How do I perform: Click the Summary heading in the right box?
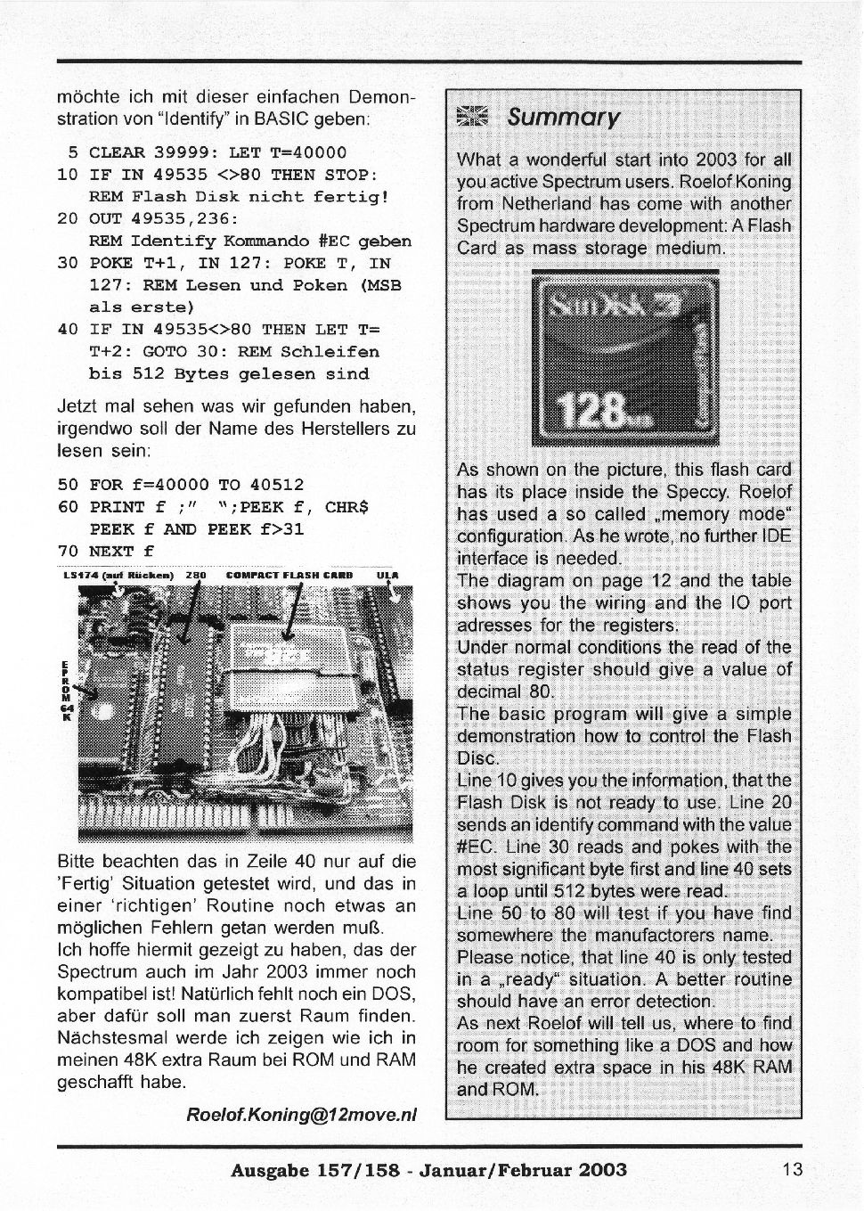pyautogui.click(x=563, y=118)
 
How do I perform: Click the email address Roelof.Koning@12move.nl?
pyautogui.click(x=301, y=1115)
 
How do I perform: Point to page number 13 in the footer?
pyautogui.click(x=793, y=1170)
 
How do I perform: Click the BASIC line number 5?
pyautogui.click(x=74, y=152)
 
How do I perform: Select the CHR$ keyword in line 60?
pyautogui.click(x=347, y=507)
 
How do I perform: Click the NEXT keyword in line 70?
pyautogui.click(x=110, y=551)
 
